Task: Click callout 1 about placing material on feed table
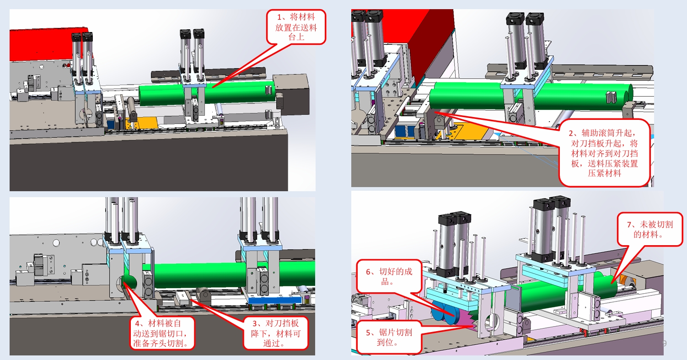click(x=296, y=27)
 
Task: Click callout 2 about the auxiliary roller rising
click(x=605, y=153)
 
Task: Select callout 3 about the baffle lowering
click(x=275, y=333)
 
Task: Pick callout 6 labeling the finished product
click(x=389, y=276)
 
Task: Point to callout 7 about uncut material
click(x=650, y=229)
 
